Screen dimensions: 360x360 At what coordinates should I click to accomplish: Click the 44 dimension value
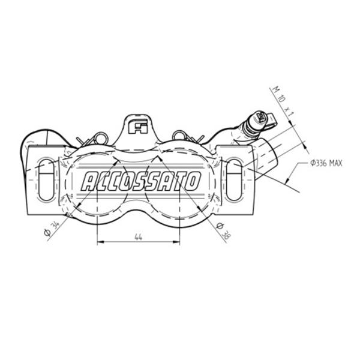click(x=138, y=237)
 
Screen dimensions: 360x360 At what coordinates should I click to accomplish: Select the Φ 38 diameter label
click(x=223, y=231)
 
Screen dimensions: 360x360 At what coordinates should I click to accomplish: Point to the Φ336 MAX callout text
click(x=326, y=163)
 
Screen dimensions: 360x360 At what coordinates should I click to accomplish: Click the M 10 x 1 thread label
click(x=283, y=101)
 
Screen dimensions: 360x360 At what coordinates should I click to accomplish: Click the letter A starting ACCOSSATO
click(x=88, y=182)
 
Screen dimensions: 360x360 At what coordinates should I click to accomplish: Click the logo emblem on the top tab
click(x=138, y=127)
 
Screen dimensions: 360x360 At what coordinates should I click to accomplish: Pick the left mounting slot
click(x=47, y=180)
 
